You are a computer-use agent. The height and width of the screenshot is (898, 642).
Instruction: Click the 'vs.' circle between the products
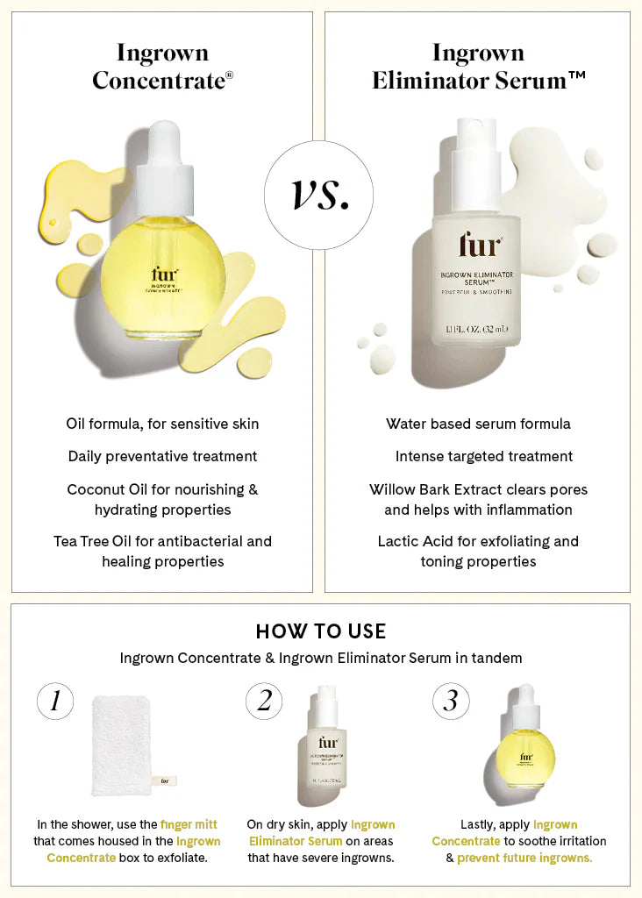320,196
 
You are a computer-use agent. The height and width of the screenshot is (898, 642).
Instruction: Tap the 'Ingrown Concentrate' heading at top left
162,67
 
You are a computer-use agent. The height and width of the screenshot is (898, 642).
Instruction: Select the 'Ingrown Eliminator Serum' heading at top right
478,67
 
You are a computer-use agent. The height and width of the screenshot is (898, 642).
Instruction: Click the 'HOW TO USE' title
320,631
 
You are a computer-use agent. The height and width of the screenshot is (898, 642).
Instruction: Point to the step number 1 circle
55,701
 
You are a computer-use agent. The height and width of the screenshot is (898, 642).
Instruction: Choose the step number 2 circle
264,701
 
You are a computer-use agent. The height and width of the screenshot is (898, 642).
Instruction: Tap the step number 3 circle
451,701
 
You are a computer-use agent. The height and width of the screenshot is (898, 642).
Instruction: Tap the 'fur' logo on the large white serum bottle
479,246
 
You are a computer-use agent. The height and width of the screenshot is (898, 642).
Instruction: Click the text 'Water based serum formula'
478,424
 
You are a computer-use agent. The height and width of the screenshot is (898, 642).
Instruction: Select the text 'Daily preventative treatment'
162,456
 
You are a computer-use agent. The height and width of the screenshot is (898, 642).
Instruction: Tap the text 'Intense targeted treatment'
483,456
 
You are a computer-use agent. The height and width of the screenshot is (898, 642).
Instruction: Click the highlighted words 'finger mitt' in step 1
189,824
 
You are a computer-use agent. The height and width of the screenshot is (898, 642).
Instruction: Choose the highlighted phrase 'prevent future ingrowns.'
524,858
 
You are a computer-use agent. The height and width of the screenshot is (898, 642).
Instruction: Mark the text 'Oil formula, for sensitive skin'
162,424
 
